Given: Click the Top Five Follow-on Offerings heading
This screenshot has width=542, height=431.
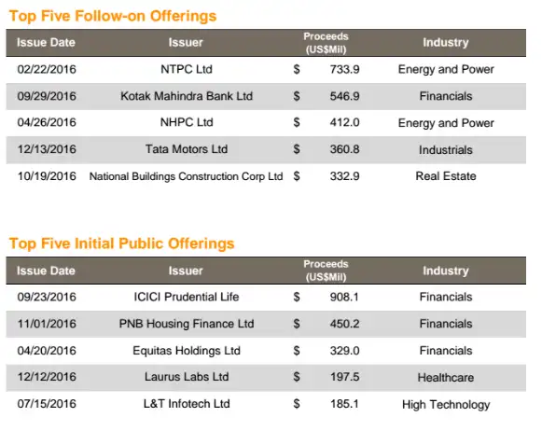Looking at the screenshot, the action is coord(113,16).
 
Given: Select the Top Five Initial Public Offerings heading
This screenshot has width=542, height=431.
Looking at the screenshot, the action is coord(121,243).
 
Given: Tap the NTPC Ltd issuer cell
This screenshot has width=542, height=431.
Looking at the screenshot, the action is coord(187,69).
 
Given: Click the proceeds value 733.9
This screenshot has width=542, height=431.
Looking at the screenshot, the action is coord(344,69).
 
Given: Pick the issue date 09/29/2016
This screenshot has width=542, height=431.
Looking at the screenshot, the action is coord(47,96).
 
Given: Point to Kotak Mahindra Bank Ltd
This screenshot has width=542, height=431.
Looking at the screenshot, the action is coord(187,96).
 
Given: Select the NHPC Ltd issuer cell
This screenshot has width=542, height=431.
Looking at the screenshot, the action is coord(187,122).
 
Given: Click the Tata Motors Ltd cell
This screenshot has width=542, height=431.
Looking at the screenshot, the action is coord(187,149).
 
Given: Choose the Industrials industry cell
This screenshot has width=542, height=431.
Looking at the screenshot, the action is coord(446,149).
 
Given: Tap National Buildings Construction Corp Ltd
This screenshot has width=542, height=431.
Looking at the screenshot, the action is coord(187,176).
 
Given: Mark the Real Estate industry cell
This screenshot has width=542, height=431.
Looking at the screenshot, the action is coord(446,176).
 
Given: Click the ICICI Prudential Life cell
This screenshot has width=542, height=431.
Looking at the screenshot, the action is coord(187,297).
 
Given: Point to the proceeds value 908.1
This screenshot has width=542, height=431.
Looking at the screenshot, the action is coord(344,297).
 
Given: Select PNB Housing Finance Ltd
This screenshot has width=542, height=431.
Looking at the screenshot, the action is coord(187,324).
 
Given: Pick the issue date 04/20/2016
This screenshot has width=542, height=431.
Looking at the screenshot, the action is coord(47,351).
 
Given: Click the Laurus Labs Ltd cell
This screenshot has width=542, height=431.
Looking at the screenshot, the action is coord(187,377).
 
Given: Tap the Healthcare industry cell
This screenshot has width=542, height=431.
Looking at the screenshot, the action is coord(446,378).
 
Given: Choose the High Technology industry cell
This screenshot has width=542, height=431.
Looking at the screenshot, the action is coord(446,404).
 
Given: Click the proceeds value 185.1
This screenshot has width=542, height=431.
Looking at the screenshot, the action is coord(344,404).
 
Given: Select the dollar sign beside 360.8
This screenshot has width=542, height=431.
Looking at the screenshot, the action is coord(297,149).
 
